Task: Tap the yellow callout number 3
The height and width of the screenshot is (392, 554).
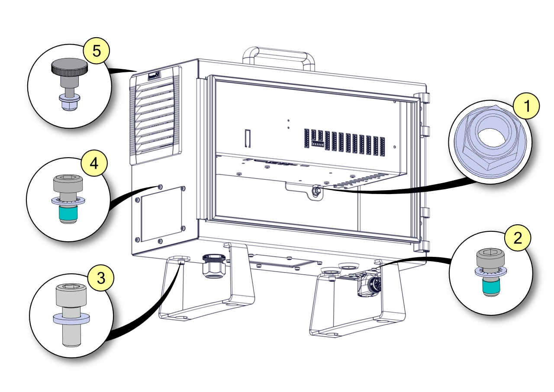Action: [100, 278]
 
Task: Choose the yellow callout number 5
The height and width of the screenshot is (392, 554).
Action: [97, 51]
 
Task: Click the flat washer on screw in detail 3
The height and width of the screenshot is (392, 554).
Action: [71, 319]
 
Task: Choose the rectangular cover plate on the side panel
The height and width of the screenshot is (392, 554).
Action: [160, 214]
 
